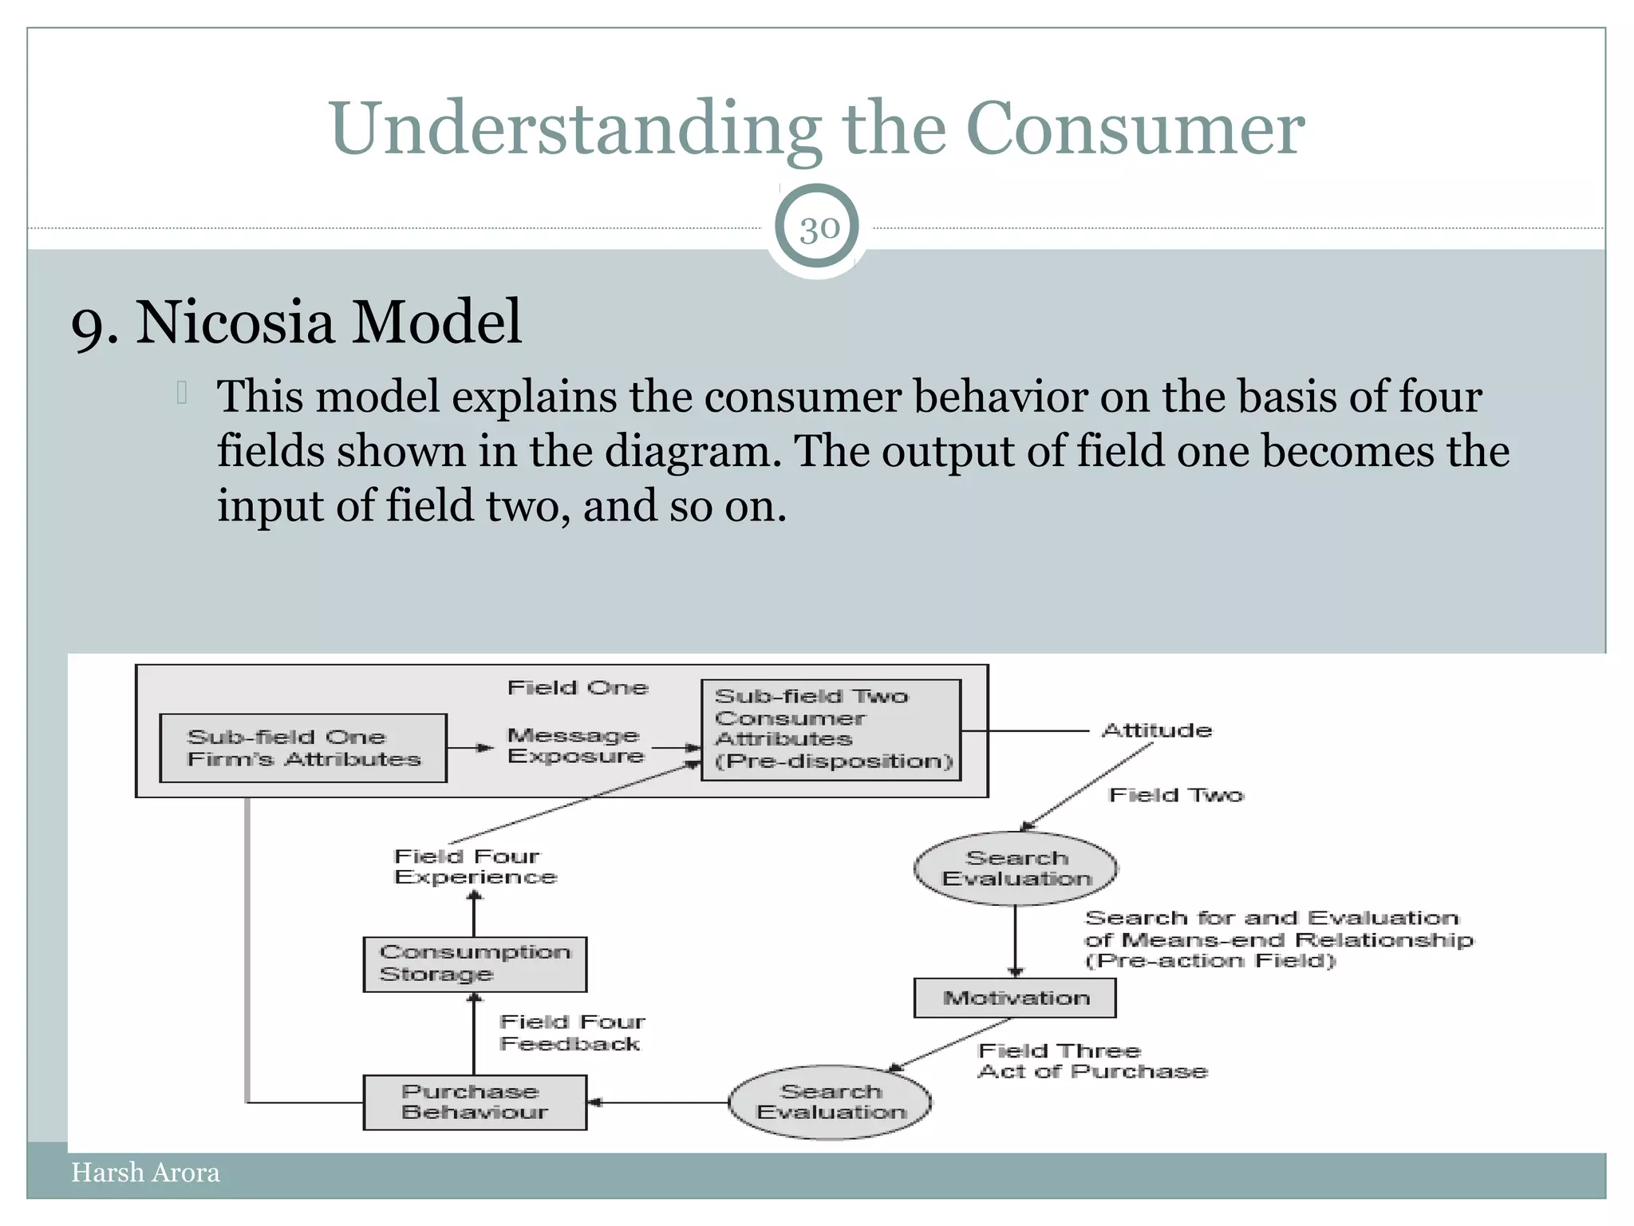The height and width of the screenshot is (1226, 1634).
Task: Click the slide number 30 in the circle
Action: pyautogui.click(x=819, y=229)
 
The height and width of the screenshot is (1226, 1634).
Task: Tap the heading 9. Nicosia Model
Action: pyautogui.click(x=296, y=322)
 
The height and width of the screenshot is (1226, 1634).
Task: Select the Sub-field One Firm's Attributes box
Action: pyautogui.click(x=303, y=748)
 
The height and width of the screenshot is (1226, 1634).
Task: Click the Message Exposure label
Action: pyautogui.click(x=574, y=745)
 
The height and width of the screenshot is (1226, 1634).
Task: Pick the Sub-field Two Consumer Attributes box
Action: pyautogui.click(x=831, y=730)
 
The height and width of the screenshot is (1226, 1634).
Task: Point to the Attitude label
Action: pyautogui.click(x=1156, y=730)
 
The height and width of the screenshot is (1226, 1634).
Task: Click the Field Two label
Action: pyautogui.click(x=1176, y=795)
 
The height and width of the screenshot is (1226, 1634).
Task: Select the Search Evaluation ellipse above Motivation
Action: pyautogui.click(x=1015, y=868)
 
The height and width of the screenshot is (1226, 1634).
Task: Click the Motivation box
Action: pyautogui.click(x=1015, y=998)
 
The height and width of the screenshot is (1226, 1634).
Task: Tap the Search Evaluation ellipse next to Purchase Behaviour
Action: pyautogui.click(x=830, y=1102)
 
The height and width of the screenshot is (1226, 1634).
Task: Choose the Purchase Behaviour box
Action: pyautogui.click(x=475, y=1102)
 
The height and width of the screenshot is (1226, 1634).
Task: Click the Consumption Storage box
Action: pyautogui.click(x=475, y=963)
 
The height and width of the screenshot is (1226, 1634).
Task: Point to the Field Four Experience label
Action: pyautogui.click(x=474, y=867)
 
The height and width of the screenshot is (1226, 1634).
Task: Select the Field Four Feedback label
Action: pyautogui.click(x=571, y=1033)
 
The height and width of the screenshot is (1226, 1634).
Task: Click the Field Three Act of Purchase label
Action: pyautogui.click(x=1091, y=1062)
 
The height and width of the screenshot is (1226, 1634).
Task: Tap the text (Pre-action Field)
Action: pyautogui.click(x=1210, y=961)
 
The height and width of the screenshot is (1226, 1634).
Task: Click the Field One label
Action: pyautogui.click(x=578, y=688)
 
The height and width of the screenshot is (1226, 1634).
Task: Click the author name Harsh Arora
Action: pyautogui.click(x=145, y=1173)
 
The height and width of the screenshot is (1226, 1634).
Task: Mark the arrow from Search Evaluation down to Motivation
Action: pyautogui.click(x=1015, y=942)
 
